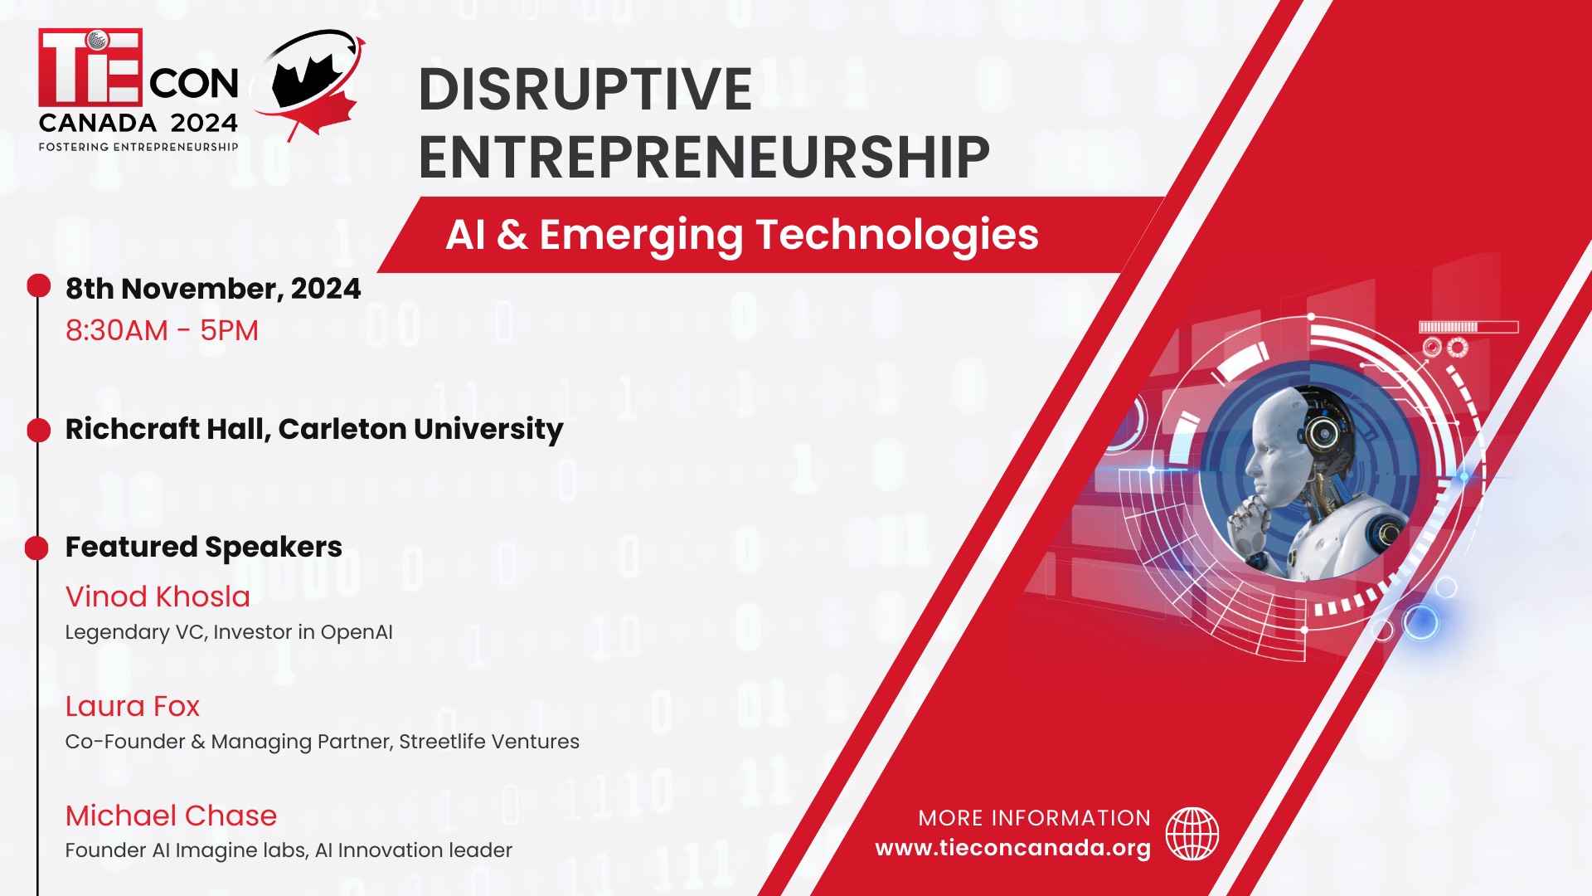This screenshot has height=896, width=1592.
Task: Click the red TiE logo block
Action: [x=90, y=67]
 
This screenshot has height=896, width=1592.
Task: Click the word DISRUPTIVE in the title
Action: [x=585, y=89]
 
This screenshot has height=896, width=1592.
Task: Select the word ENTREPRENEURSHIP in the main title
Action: [x=704, y=157]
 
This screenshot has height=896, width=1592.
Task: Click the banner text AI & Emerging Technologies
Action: [x=742, y=235]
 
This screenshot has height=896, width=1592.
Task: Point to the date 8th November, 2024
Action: [x=213, y=289]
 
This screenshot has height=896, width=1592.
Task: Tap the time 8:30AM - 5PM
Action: [x=162, y=330]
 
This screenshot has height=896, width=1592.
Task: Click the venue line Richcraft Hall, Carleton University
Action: [x=314, y=429]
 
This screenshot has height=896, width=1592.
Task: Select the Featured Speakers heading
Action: [x=204, y=547]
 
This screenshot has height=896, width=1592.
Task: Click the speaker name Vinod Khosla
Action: [x=158, y=597]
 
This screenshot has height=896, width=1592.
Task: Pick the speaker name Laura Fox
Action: [x=133, y=706]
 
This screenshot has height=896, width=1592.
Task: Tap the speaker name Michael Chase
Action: [x=171, y=816]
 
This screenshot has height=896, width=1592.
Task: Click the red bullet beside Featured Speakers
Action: [x=36, y=548]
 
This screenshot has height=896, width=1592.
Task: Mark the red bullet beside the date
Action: [x=38, y=286]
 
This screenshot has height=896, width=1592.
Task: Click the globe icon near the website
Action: [x=1192, y=834]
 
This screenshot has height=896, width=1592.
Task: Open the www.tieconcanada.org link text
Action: [x=1012, y=848]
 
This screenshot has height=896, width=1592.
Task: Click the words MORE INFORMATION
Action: [x=1034, y=818]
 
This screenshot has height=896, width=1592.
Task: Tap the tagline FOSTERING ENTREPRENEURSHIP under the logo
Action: [x=138, y=147]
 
